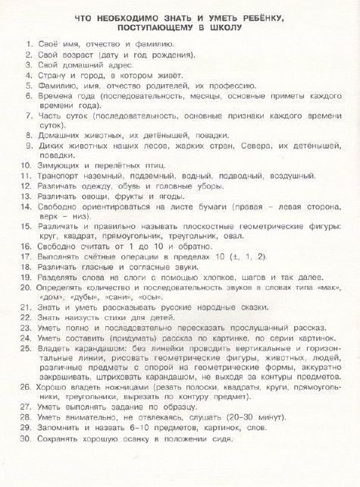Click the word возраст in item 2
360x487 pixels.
point(78,55)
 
